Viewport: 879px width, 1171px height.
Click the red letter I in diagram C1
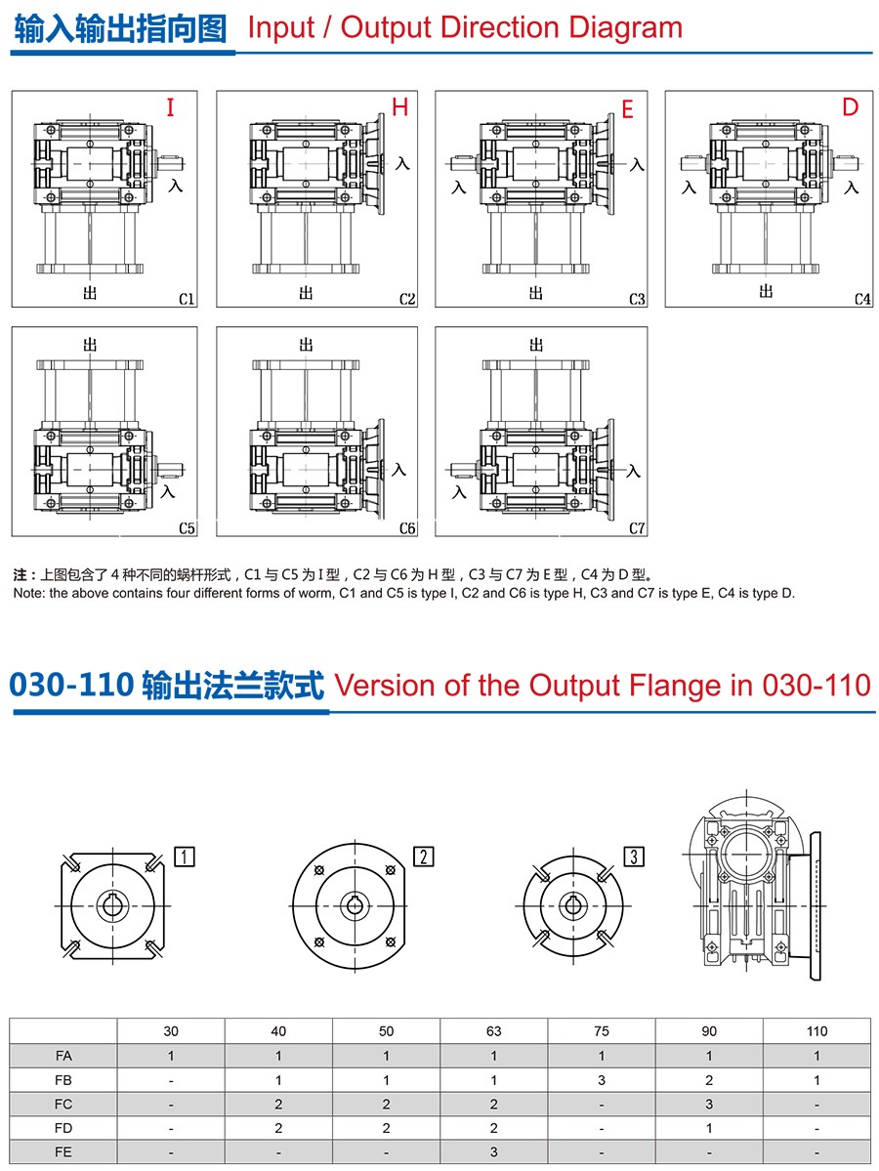coord(170,107)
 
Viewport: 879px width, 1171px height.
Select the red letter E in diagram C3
coord(627,109)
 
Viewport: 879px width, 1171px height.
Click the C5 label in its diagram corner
coord(187,528)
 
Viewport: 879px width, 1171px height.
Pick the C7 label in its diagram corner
coord(637,528)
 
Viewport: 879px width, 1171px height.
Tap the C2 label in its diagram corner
coord(407,299)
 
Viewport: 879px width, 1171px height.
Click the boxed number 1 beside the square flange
coord(185,856)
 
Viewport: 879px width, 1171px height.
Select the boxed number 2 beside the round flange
coord(424,856)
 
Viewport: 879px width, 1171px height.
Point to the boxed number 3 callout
coord(634,856)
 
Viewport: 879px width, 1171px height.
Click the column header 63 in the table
coord(493,1031)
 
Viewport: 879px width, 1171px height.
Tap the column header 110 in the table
coord(817,1031)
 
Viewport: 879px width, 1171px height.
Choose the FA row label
coord(63,1055)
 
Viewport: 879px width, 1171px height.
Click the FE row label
coord(63,1151)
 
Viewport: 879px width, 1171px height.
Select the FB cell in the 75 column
coord(602,1080)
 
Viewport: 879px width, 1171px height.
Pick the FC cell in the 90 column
coord(709,1104)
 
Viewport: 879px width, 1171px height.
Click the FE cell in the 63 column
coord(493,1151)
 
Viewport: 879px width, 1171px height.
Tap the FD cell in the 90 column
coord(709,1128)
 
